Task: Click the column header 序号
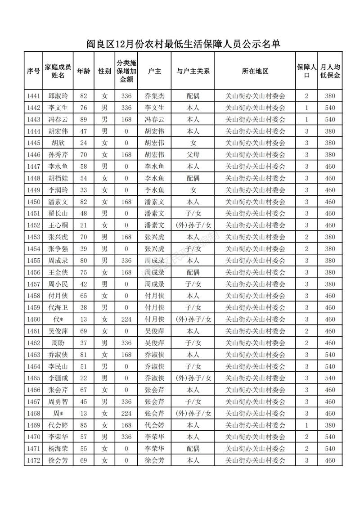[x=33, y=71]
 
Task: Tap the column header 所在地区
[x=255, y=71]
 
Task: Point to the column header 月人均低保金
[x=330, y=71]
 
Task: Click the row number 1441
[x=33, y=96]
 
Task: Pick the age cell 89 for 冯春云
[x=83, y=119]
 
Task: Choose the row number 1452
[x=33, y=225]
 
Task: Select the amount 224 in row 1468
[x=126, y=413]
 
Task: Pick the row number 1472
[x=33, y=460]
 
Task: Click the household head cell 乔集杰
[x=154, y=96]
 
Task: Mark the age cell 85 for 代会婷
[x=83, y=425]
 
